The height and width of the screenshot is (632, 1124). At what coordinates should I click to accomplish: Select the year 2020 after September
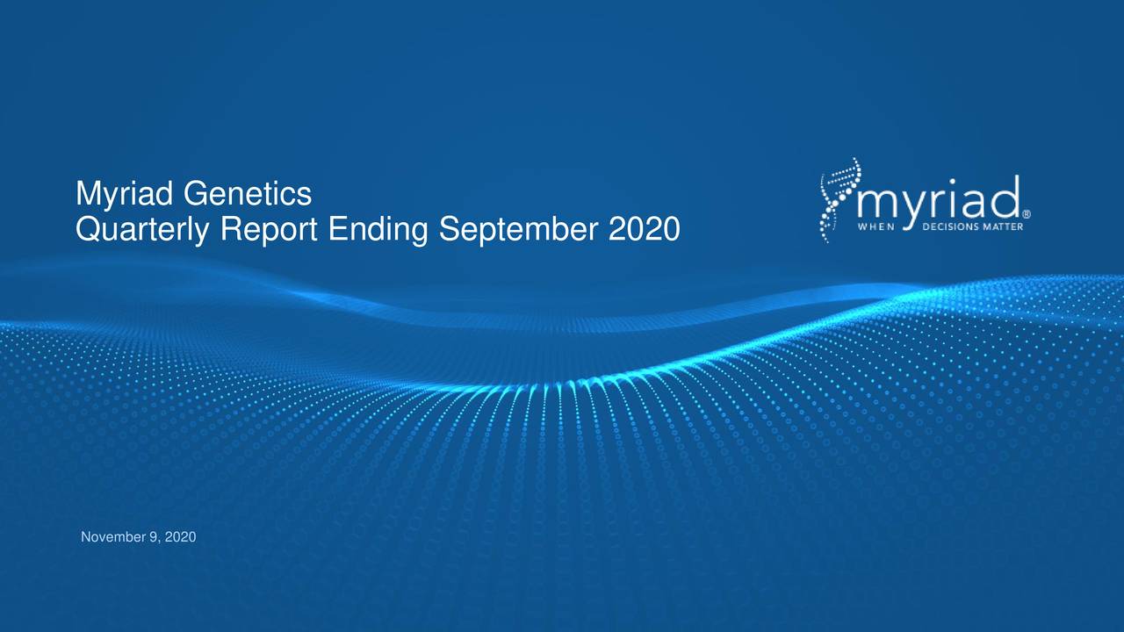[646, 231]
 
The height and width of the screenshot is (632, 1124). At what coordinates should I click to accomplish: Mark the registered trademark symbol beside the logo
[1027, 213]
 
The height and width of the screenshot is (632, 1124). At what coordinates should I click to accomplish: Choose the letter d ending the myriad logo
[1006, 196]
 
